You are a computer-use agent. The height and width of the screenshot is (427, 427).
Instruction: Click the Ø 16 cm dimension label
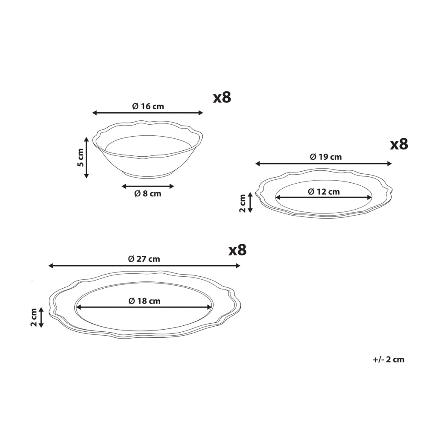[x=148, y=106]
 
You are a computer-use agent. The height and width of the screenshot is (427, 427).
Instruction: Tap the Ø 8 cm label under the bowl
[x=148, y=193]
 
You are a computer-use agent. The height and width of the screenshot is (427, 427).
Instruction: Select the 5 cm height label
[x=81, y=158]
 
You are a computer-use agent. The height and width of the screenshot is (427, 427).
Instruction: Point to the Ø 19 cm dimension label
[x=326, y=157]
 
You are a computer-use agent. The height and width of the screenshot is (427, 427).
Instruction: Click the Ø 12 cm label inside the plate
[x=324, y=192]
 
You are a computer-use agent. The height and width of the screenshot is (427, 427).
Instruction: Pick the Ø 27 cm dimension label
[x=144, y=259]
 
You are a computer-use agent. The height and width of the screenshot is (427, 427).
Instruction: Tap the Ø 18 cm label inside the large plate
[x=144, y=301]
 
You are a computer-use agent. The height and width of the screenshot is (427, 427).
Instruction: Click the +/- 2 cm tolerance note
[x=389, y=360]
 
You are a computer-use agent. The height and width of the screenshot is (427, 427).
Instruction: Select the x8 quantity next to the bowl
[x=222, y=97]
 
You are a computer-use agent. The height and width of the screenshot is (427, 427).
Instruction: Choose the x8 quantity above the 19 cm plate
[x=399, y=144]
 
